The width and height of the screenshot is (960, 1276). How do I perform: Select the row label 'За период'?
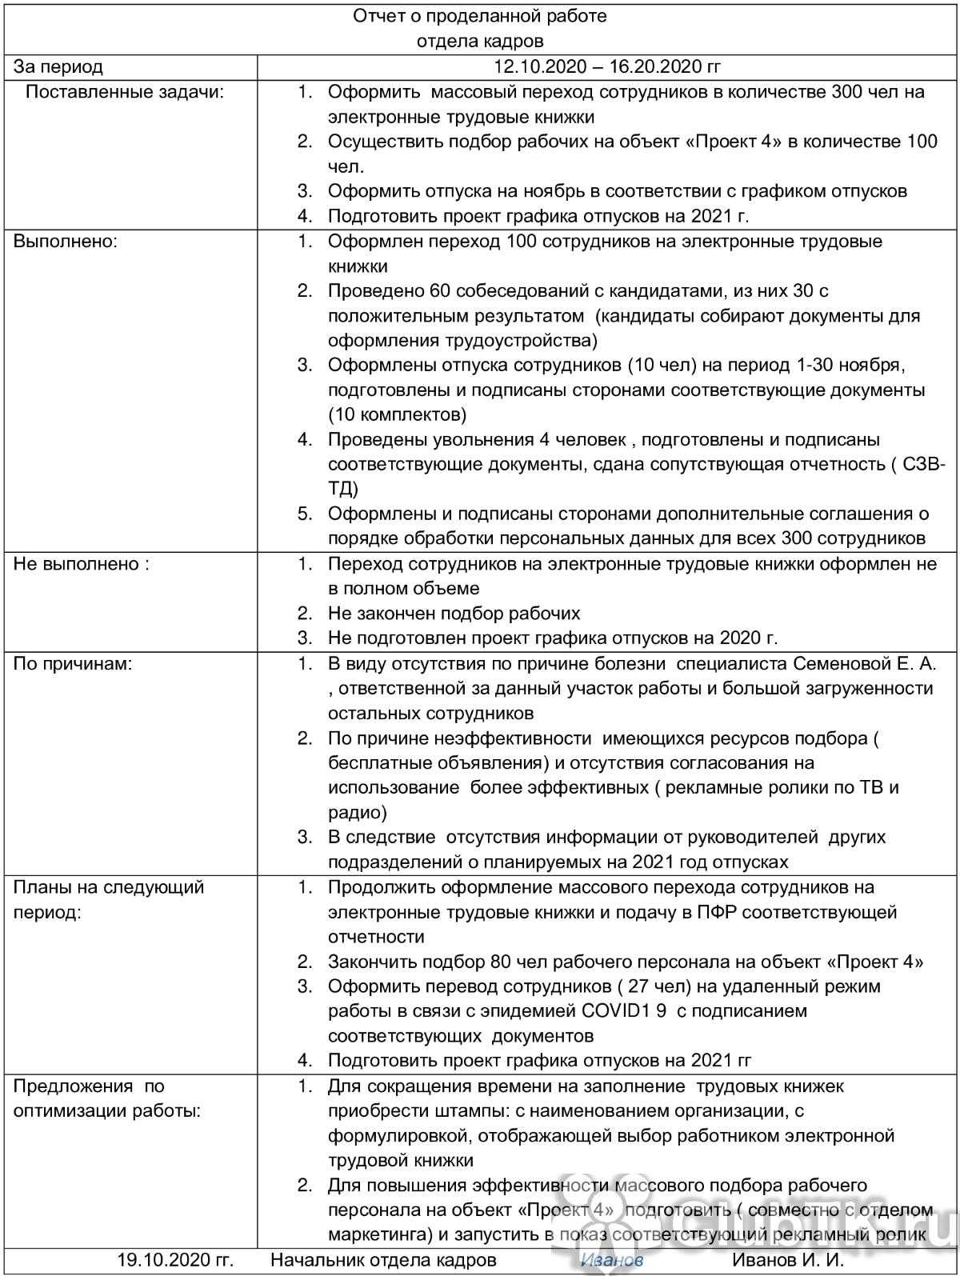(x=58, y=67)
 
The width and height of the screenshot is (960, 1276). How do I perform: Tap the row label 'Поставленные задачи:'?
(x=125, y=92)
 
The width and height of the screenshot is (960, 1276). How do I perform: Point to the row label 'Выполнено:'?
(x=66, y=241)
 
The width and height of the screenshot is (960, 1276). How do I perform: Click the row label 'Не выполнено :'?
(x=81, y=563)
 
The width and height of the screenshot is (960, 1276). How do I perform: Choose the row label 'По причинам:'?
(x=73, y=663)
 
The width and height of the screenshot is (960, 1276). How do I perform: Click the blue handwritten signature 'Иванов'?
(x=612, y=1260)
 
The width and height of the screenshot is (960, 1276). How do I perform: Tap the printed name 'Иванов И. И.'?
(x=788, y=1260)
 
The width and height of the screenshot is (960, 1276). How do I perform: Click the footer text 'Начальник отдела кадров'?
(x=383, y=1260)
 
